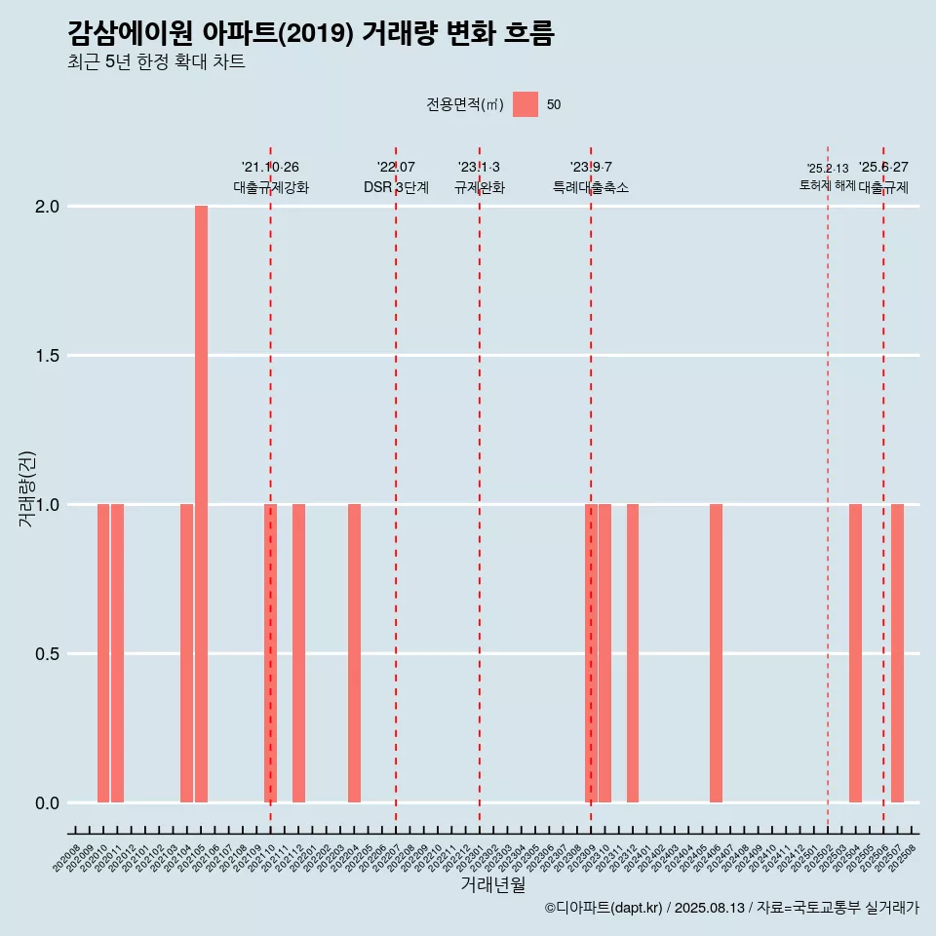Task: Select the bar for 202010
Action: (x=103, y=653)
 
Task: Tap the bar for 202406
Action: (x=716, y=653)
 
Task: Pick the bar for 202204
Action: (x=354, y=653)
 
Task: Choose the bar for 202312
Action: (x=633, y=653)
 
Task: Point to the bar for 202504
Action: (x=855, y=653)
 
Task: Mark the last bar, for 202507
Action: (x=897, y=653)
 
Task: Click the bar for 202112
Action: (x=298, y=653)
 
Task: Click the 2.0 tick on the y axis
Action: (x=49, y=207)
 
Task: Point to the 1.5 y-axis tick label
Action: (x=49, y=356)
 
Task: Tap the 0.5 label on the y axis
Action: (x=49, y=654)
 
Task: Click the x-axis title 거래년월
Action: (x=492, y=885)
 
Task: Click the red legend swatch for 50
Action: (x=526, y=104)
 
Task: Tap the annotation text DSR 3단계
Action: (x=396, y=187)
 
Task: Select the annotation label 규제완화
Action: (x=480, y=187)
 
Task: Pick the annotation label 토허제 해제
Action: (x=827, y=185)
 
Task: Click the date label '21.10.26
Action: (x=270, y=168)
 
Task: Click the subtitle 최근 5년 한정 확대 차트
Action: (x=156, y=62)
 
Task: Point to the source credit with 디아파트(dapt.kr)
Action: (x=731, y=908)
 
